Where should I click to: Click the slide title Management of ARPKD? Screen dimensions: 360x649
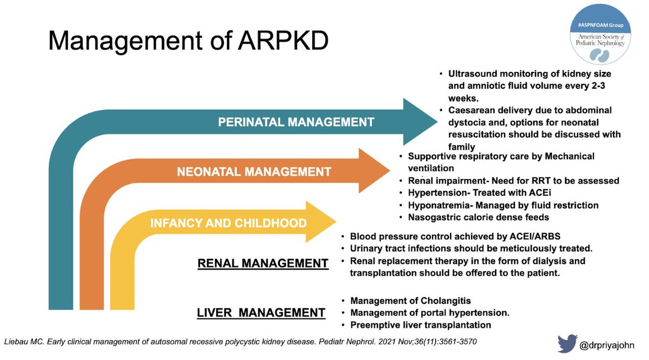pos(188,41)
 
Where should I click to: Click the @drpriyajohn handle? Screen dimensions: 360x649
pos(612,343)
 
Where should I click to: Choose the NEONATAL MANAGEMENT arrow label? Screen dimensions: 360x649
pos(254,172)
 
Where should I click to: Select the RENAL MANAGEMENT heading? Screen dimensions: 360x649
pos(263,263)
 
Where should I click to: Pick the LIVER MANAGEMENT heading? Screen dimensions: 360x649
pos(261,312)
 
